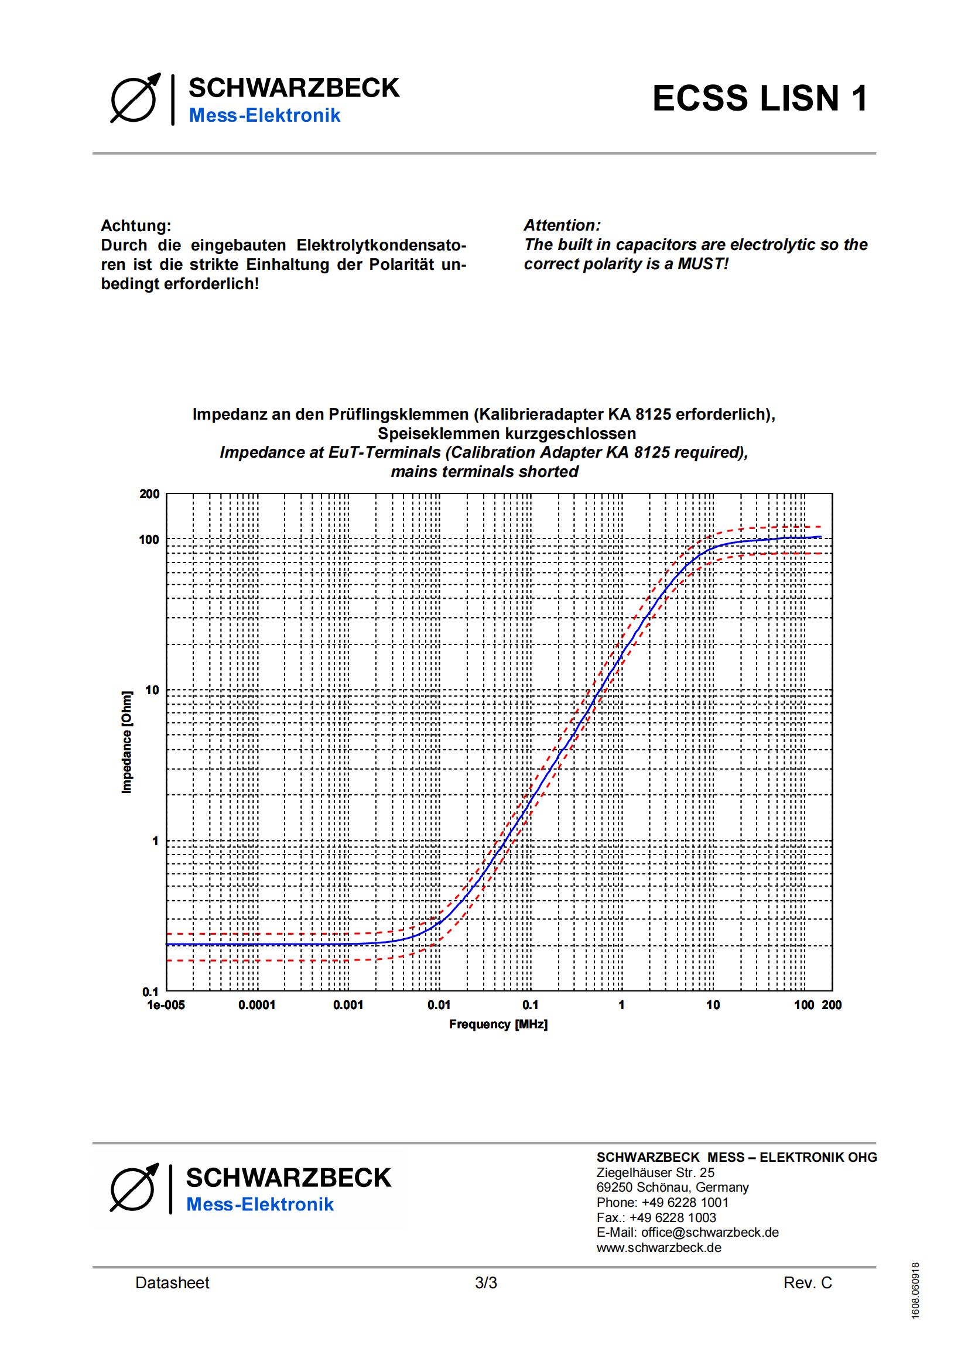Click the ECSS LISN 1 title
(760, 98)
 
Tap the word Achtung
(135, 226)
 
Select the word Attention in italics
(562, 225)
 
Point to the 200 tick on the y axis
(150, 494)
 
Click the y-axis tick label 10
(152, 691)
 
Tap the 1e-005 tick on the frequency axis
(166, 1006)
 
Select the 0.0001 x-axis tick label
(256, 1006)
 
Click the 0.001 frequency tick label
(348, 1006)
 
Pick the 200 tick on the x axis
(832, 1006)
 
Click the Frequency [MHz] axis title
(498, 1024)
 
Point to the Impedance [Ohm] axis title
(126, 742)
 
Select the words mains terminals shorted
(484, 472)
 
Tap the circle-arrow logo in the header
(135, 98)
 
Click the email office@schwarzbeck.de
(710, 1233)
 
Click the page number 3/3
(485, 1283)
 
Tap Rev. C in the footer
(808, 1283)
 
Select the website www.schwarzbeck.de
(658, 1247)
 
